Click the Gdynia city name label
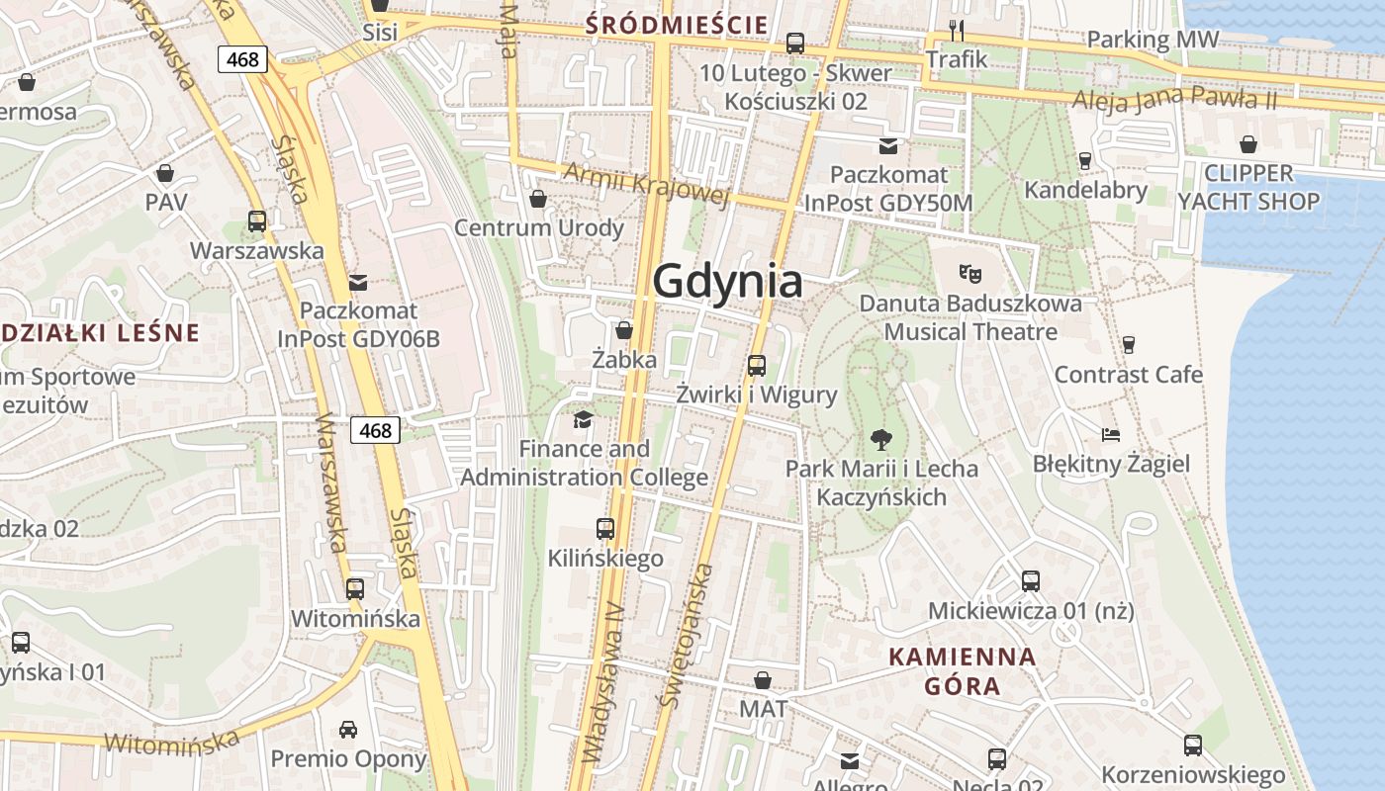point(727,281)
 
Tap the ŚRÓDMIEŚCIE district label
point(677,25)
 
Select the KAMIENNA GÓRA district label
point(962,670)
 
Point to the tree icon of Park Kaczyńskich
point(880,439)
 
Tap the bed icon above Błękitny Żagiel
point(1111,434)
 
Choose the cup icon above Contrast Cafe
point(1128,344)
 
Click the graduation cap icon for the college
point(584,419)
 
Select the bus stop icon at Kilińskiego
point(605,529)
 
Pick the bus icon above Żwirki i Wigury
point(757,365)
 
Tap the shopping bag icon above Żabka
point(624,329)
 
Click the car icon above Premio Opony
point(348,730)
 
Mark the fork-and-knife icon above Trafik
point(956,30)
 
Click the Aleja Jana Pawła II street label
point(1175,99)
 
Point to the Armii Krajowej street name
point(646,184)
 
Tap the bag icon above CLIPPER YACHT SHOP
point(1248,144)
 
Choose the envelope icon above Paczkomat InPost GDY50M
point(888,146)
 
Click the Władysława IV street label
point(602,682)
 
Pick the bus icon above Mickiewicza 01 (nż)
point(1030,580)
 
